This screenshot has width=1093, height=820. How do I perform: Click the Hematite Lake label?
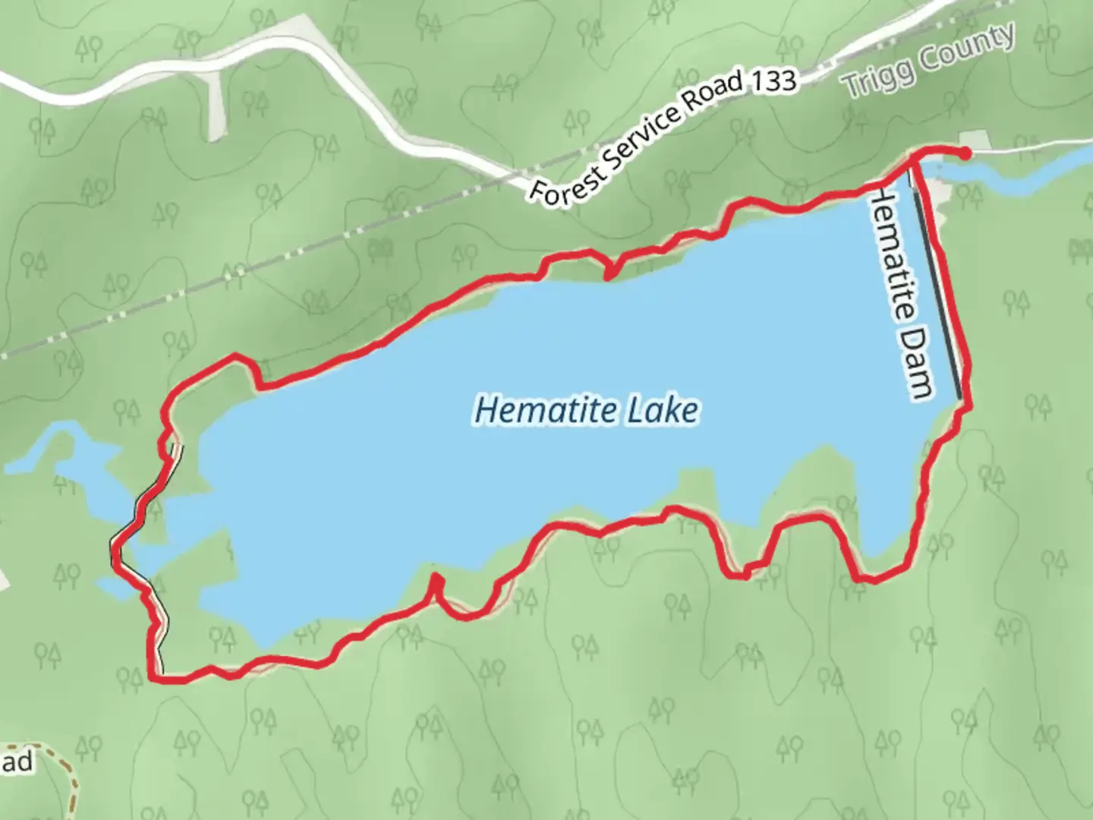[586, 410]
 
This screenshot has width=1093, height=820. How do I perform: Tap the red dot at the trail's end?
[965, 154]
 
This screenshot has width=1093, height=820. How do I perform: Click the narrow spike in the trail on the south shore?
[436, 582]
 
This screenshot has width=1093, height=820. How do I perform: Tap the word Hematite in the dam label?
[896, 258]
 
